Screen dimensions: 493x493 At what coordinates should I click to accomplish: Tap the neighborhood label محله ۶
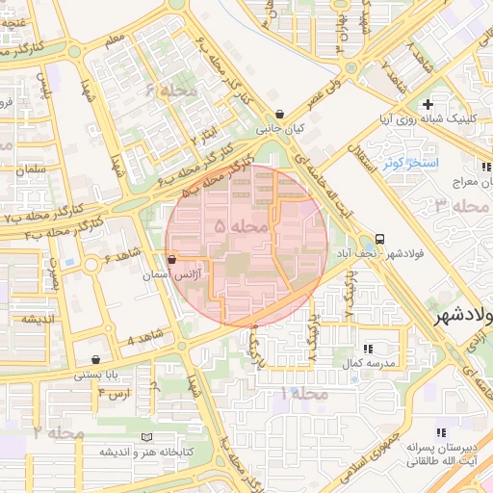pos(171,91)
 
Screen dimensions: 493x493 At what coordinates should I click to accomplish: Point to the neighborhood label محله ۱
pos(302,393)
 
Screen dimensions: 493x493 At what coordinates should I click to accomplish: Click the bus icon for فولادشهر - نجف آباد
pos(379,239)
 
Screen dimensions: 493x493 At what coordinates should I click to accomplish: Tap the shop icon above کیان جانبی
pos(279,114)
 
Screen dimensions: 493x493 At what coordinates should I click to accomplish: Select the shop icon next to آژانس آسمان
pos(171,260)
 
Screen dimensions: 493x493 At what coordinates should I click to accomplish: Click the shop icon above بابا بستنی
pos(95,359)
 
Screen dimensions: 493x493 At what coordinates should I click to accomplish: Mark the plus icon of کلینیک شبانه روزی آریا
pos(428,104)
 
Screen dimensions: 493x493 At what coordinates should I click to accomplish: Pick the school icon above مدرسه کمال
pos(367,348)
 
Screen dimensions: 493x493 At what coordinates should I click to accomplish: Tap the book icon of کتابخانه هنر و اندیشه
pos(147,436)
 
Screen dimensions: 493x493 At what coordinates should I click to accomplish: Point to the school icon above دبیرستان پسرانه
pos(440,434)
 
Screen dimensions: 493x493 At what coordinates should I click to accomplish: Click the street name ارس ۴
pos(114,395)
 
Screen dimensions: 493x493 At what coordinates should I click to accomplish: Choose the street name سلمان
pos(30,169)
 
